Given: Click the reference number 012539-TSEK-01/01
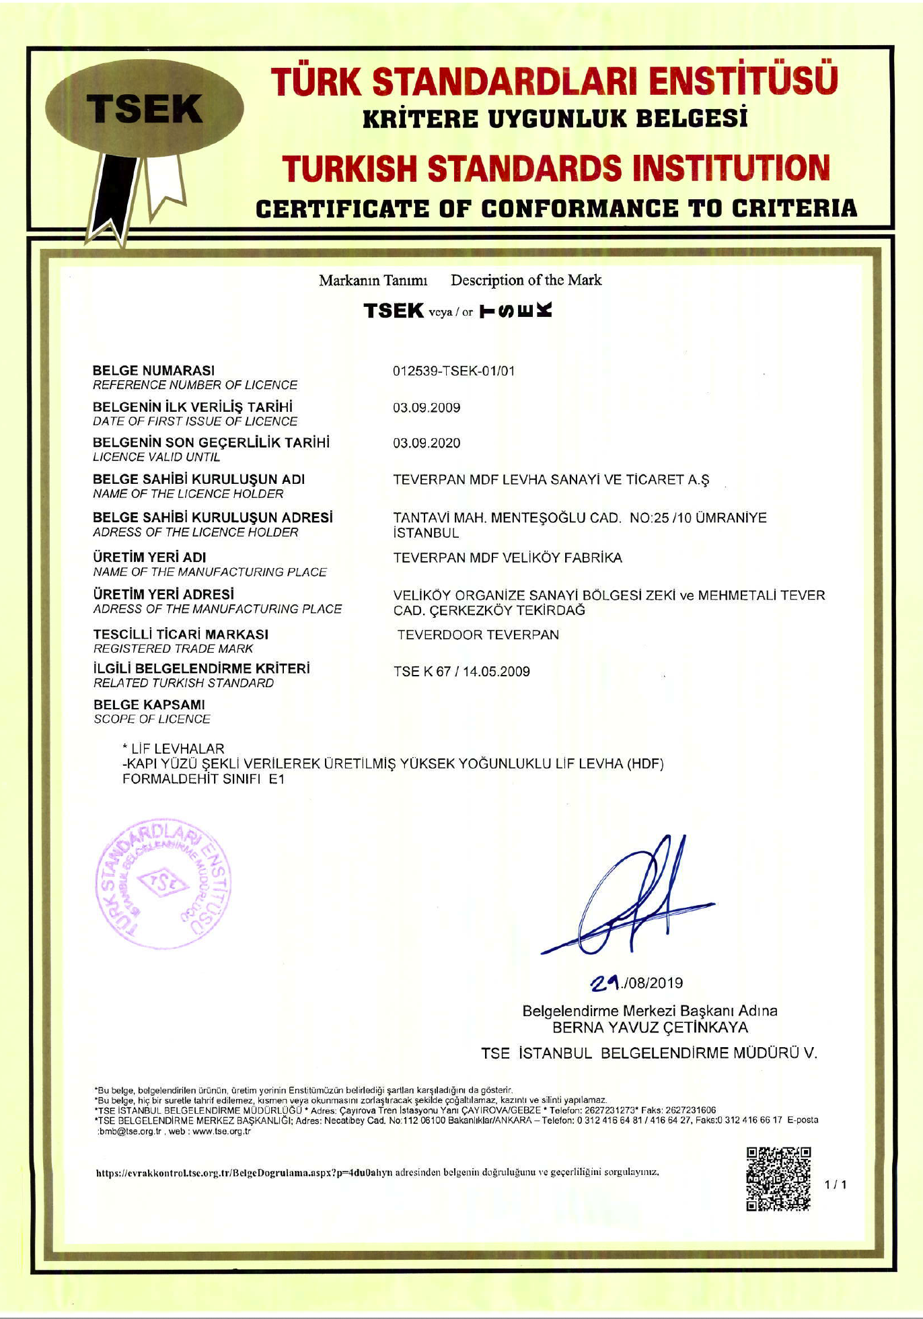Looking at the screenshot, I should click(453, 371).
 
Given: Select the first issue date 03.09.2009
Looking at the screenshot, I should click(427, 407).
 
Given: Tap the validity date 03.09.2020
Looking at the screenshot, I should click(427, 443).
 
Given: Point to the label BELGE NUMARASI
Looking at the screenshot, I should click(153, 370).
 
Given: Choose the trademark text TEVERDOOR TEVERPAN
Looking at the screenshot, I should click(478, 635).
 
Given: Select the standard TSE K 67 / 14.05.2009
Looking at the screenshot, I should click(461, 671).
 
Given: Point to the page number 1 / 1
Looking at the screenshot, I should click(836, 1184).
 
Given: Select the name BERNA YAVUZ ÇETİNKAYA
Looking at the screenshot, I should click(649, 1028).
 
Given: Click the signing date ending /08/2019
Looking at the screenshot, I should click(636, 983).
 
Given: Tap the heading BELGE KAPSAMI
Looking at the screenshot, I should click(149, 705).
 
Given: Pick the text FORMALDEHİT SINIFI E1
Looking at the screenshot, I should click(203, 779).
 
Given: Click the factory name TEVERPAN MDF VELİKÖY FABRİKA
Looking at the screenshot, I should click(507, 558).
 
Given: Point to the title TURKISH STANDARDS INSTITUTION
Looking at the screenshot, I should click(556, 168).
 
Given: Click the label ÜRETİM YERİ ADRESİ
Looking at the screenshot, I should click(163, 594).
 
